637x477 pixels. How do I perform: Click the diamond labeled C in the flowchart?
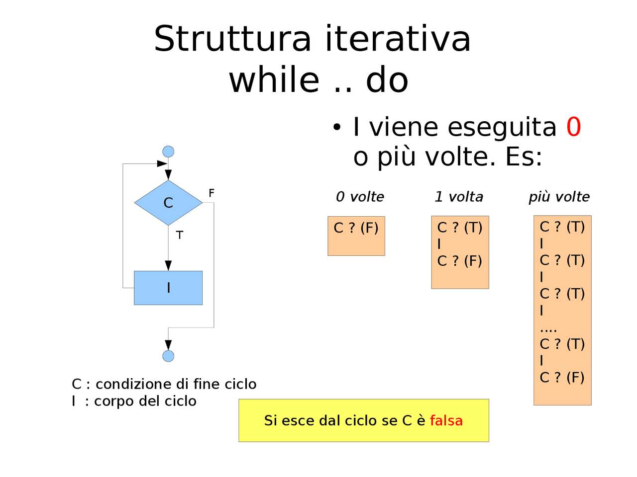click(x=168, y=203)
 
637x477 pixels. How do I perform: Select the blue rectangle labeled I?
click(x=168, y=288)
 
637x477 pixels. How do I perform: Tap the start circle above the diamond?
click(x=168, y=152)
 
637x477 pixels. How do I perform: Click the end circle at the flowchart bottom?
click(x=168, y=356)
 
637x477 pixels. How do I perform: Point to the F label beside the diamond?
click(x=212, y=193)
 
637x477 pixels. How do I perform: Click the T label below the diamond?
click(x=180, y=235)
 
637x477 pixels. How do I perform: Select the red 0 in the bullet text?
click(x=574, y=127)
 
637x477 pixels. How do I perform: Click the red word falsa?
click(x=446, y=421)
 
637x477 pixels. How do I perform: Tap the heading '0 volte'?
click(x=360, y=197)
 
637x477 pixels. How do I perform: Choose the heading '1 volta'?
click(x=459, y=197)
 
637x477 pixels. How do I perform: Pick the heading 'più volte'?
click(x=559, y=197)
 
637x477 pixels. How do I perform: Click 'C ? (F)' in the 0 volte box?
click(x=356, y=228)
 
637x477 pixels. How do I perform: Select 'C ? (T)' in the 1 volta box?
click(x=460, y=228)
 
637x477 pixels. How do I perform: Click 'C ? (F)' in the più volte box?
click(x=562, y=378)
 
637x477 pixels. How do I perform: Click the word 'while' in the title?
click(x=274, y=80)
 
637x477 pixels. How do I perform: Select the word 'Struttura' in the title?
click(x=232, y=39)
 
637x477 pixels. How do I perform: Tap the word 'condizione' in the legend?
click(x=130, y=384)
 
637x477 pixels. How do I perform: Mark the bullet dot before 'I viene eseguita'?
click(x=337, y=128)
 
